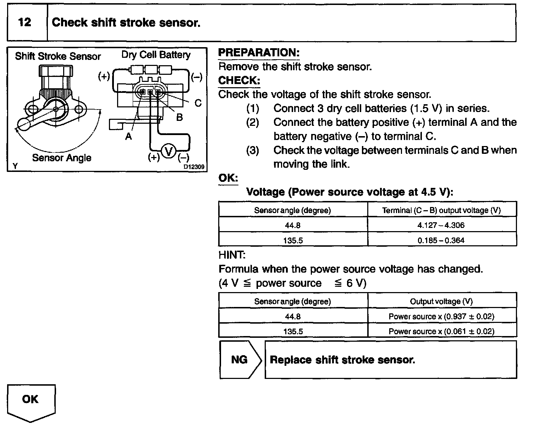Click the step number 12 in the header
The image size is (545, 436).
click(24, 23)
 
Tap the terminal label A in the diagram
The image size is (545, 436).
click(128, 136)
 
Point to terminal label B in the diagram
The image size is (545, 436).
click(180, 117)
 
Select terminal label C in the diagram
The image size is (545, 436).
click(198, 103)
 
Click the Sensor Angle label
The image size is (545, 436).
click(62, 158)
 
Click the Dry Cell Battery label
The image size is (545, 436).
click(156, 55)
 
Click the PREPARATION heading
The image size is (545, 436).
click(259, 53)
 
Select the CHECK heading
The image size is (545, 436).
click(239, 80)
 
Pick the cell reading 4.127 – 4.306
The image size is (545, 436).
click(441, 225)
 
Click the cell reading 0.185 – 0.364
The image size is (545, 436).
click(441, 240)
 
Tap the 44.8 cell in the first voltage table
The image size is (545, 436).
click(293, 225)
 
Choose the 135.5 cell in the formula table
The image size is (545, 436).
click(293, 331)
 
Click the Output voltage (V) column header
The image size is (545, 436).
click(441, 301)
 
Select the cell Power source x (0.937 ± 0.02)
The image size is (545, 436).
click(441, 317)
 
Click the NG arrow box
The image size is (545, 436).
click(240, 360)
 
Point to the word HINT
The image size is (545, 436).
click(232, 255)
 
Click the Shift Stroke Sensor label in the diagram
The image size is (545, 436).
click(58, 56)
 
